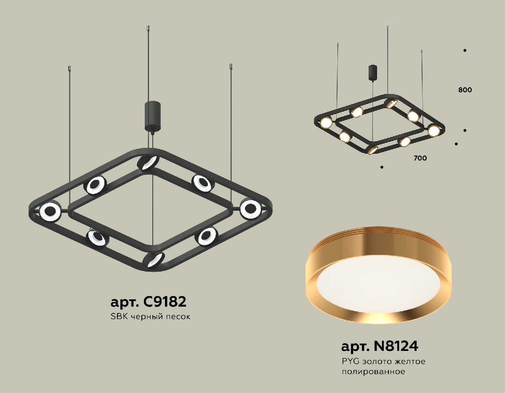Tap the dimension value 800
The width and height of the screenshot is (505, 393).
pyautogui.click(x=465, y=90)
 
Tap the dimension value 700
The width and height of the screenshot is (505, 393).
pyautogui.click(x=420, y=158)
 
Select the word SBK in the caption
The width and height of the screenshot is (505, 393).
pyautogui.click(x=118, y=316)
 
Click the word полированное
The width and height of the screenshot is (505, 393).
pyautogui.click(x=373, y=372)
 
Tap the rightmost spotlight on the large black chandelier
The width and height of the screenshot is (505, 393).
pyautogui.click(x=251, y=209)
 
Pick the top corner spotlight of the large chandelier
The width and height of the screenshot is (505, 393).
pyautogui.click(x=149, y=163)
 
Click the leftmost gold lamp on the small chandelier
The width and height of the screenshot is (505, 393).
pyautogui.click(x=326, y=123)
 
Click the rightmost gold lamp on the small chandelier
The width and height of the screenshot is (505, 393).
pyautogui.click(x=433, y=130)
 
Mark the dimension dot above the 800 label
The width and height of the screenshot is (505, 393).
pyautogui.click(x=465, y=51)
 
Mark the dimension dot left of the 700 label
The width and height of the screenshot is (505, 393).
pyautogui.click(x=381, y=167)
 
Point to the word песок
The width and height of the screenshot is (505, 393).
pyautogui.click(x=178, y=316)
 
